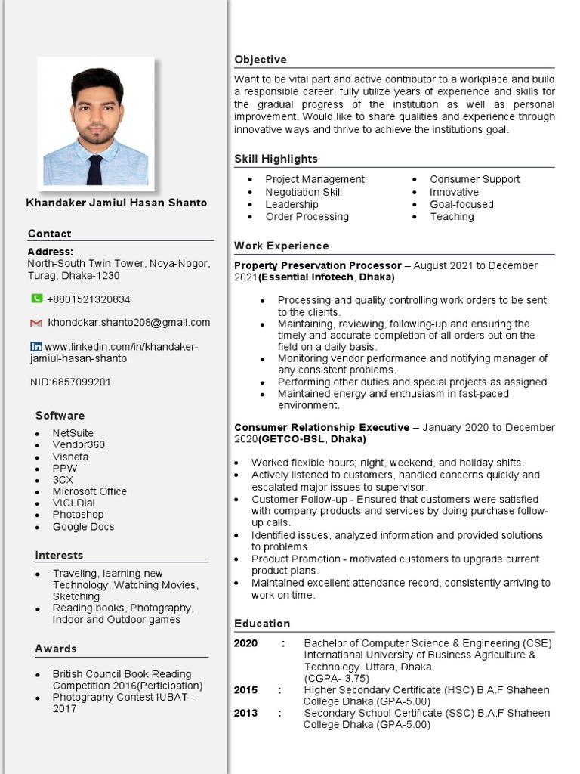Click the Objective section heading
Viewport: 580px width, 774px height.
[261, 60]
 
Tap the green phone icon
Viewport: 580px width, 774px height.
[36, 299]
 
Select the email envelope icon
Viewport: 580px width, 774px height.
[36, 323]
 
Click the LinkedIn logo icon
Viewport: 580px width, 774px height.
[35, 346]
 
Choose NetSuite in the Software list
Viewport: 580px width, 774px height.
[73, 433]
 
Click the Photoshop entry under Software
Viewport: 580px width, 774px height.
[78, 515]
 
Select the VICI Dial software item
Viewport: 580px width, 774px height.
[74, 503]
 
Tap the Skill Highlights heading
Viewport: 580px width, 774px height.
[276, 159]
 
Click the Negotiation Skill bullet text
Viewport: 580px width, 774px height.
[304, 192]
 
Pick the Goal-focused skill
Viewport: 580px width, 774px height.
[461, 204]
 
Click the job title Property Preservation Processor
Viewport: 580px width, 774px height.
[318, 265]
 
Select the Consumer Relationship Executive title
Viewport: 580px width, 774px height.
[322, 427]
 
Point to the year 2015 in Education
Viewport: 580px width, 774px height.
[245, 690]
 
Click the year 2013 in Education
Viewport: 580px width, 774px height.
[245, 713]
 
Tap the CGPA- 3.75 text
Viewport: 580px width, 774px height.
[337, 678]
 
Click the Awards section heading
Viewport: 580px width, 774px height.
[56, 649]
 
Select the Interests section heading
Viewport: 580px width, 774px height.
[59, 555]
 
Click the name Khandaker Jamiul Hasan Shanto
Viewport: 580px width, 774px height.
[116, 203]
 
